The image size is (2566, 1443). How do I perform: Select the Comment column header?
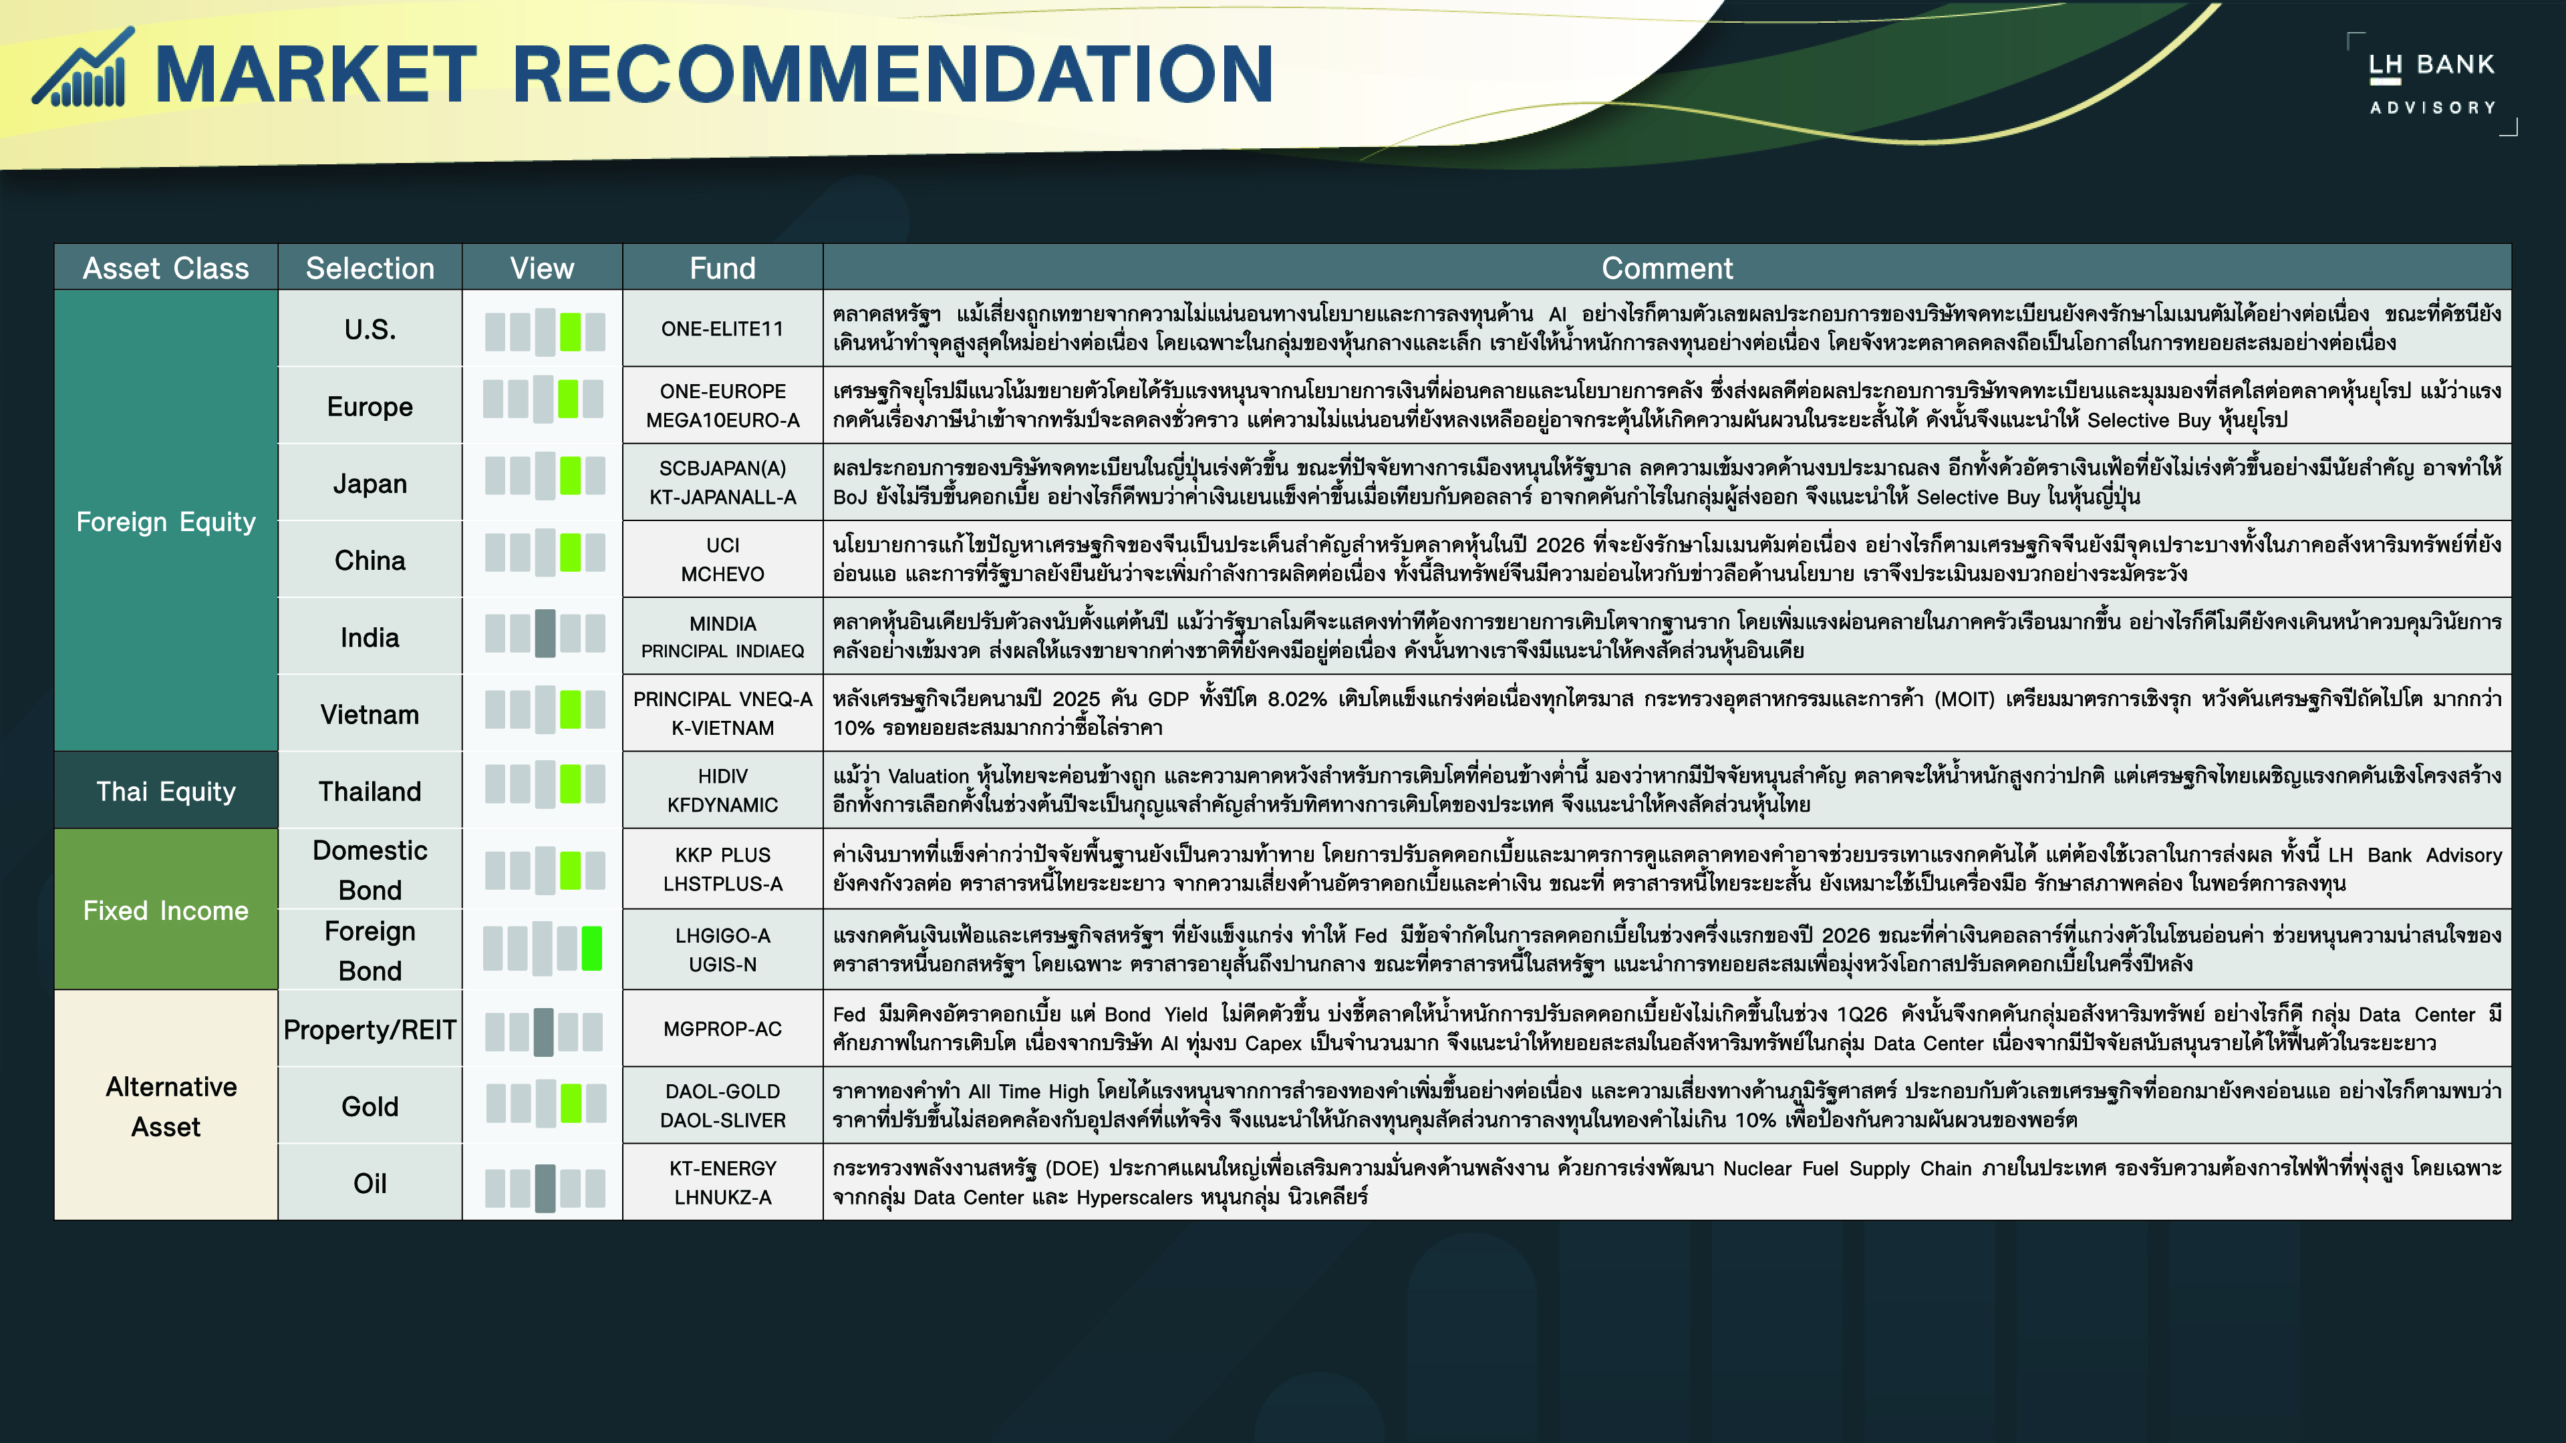coord(1667,268)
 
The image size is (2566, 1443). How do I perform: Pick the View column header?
coord(542,268)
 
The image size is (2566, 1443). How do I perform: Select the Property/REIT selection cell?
coord(370,1029)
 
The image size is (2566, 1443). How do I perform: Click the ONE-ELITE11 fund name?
coord(722,329)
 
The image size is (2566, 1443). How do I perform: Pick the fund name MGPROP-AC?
coord(722,1029)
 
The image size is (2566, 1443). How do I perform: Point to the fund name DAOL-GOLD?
coord(722,1092)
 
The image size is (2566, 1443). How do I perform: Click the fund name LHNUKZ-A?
coord(722,1197)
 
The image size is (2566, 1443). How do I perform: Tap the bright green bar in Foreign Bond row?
coord(591,948)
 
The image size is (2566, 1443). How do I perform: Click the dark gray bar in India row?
coord(545,633)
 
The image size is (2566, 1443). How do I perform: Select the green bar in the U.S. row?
coord(570,331)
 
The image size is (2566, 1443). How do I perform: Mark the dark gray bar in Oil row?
coord(545,1188)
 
